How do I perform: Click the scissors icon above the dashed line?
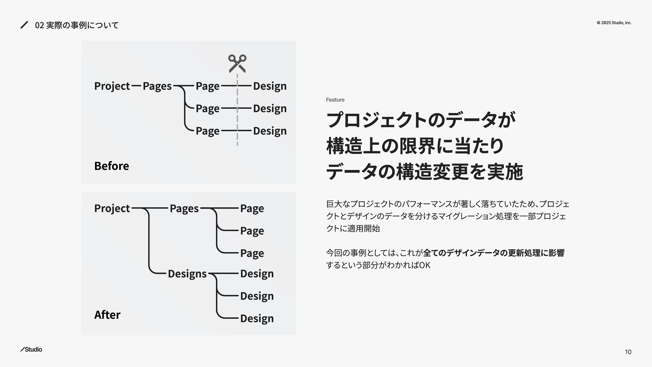[237, 63]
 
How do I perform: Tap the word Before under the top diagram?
[111, 166]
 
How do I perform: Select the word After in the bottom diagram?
[107, 315]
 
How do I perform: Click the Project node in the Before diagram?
[112, 86]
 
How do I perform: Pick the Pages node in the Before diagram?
[157, 86]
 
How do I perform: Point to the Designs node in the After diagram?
[187, 274]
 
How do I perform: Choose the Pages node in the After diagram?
[184, 208]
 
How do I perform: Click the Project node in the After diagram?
[112, 208]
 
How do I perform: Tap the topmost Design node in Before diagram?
[270, 86]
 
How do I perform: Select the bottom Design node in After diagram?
[257, 318]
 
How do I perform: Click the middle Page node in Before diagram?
[207, 108]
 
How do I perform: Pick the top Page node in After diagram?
[252, 208]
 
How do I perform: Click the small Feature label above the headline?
[335, 100]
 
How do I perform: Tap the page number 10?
[628, 352]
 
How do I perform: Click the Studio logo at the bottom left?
[31, 349]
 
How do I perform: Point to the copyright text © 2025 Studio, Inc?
[614, 23]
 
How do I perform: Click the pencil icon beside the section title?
[24, 25]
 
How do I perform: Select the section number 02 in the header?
[39, 25]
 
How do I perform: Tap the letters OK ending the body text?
[425, 265]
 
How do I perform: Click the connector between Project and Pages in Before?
[136, 86]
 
